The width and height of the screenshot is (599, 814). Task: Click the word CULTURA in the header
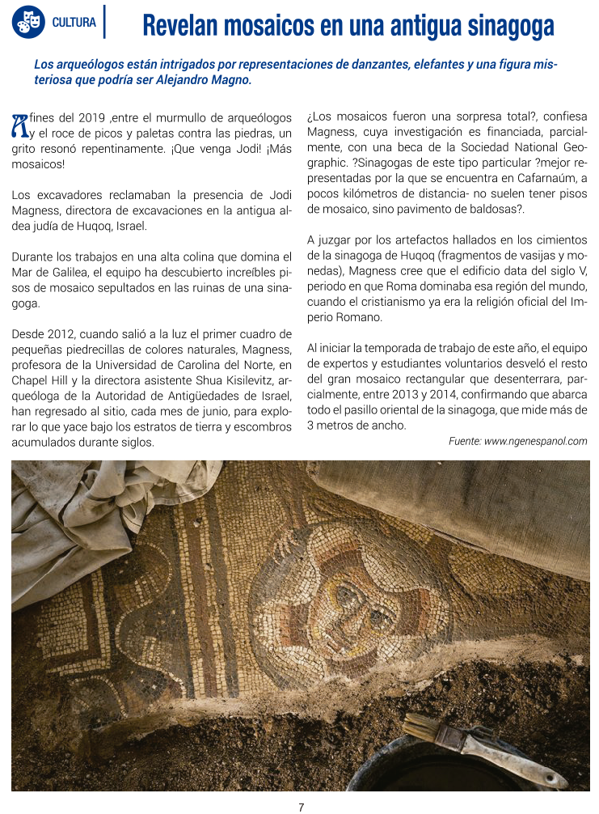point(74,23)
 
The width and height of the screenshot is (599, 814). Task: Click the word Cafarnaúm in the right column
point(548,179)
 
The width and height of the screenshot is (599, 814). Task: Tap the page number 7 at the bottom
point(300,807)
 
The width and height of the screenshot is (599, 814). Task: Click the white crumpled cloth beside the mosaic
point(89,518)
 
